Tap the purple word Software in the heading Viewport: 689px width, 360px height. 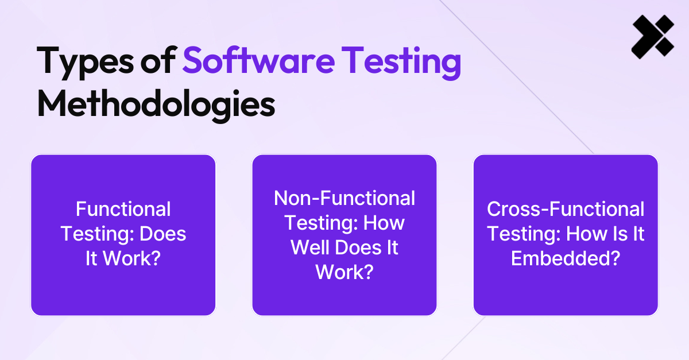click(259, 60)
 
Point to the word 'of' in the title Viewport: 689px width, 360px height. click(158, 60)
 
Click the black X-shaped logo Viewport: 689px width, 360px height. click(653, 37)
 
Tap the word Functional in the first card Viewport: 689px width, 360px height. click(123, 209)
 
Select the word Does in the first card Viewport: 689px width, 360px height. click(162, 234)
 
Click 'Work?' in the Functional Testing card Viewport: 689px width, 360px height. click(131, 258)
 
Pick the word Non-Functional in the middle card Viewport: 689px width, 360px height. click(344, 198)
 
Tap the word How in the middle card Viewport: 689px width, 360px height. click(384, 223)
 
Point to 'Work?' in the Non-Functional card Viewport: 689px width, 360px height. click(344, 272)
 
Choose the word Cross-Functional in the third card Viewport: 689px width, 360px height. click(566, 209)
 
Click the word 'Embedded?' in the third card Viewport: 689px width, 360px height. click(566, 258)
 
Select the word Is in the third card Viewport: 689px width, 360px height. click(618, 234)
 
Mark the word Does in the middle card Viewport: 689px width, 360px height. click(358, 247)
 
